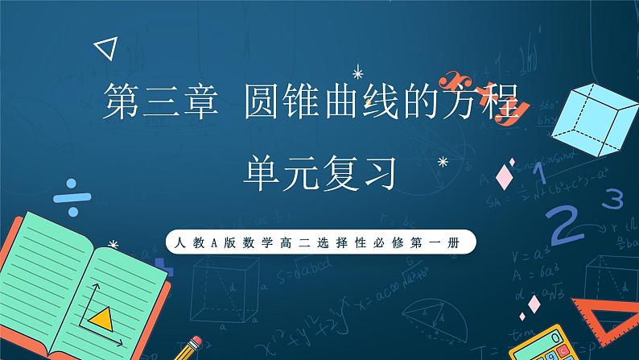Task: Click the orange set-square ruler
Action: pyautogui.click(x=605, y=318)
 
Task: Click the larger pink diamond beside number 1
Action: pyautogui.click(x=506, y=172)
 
